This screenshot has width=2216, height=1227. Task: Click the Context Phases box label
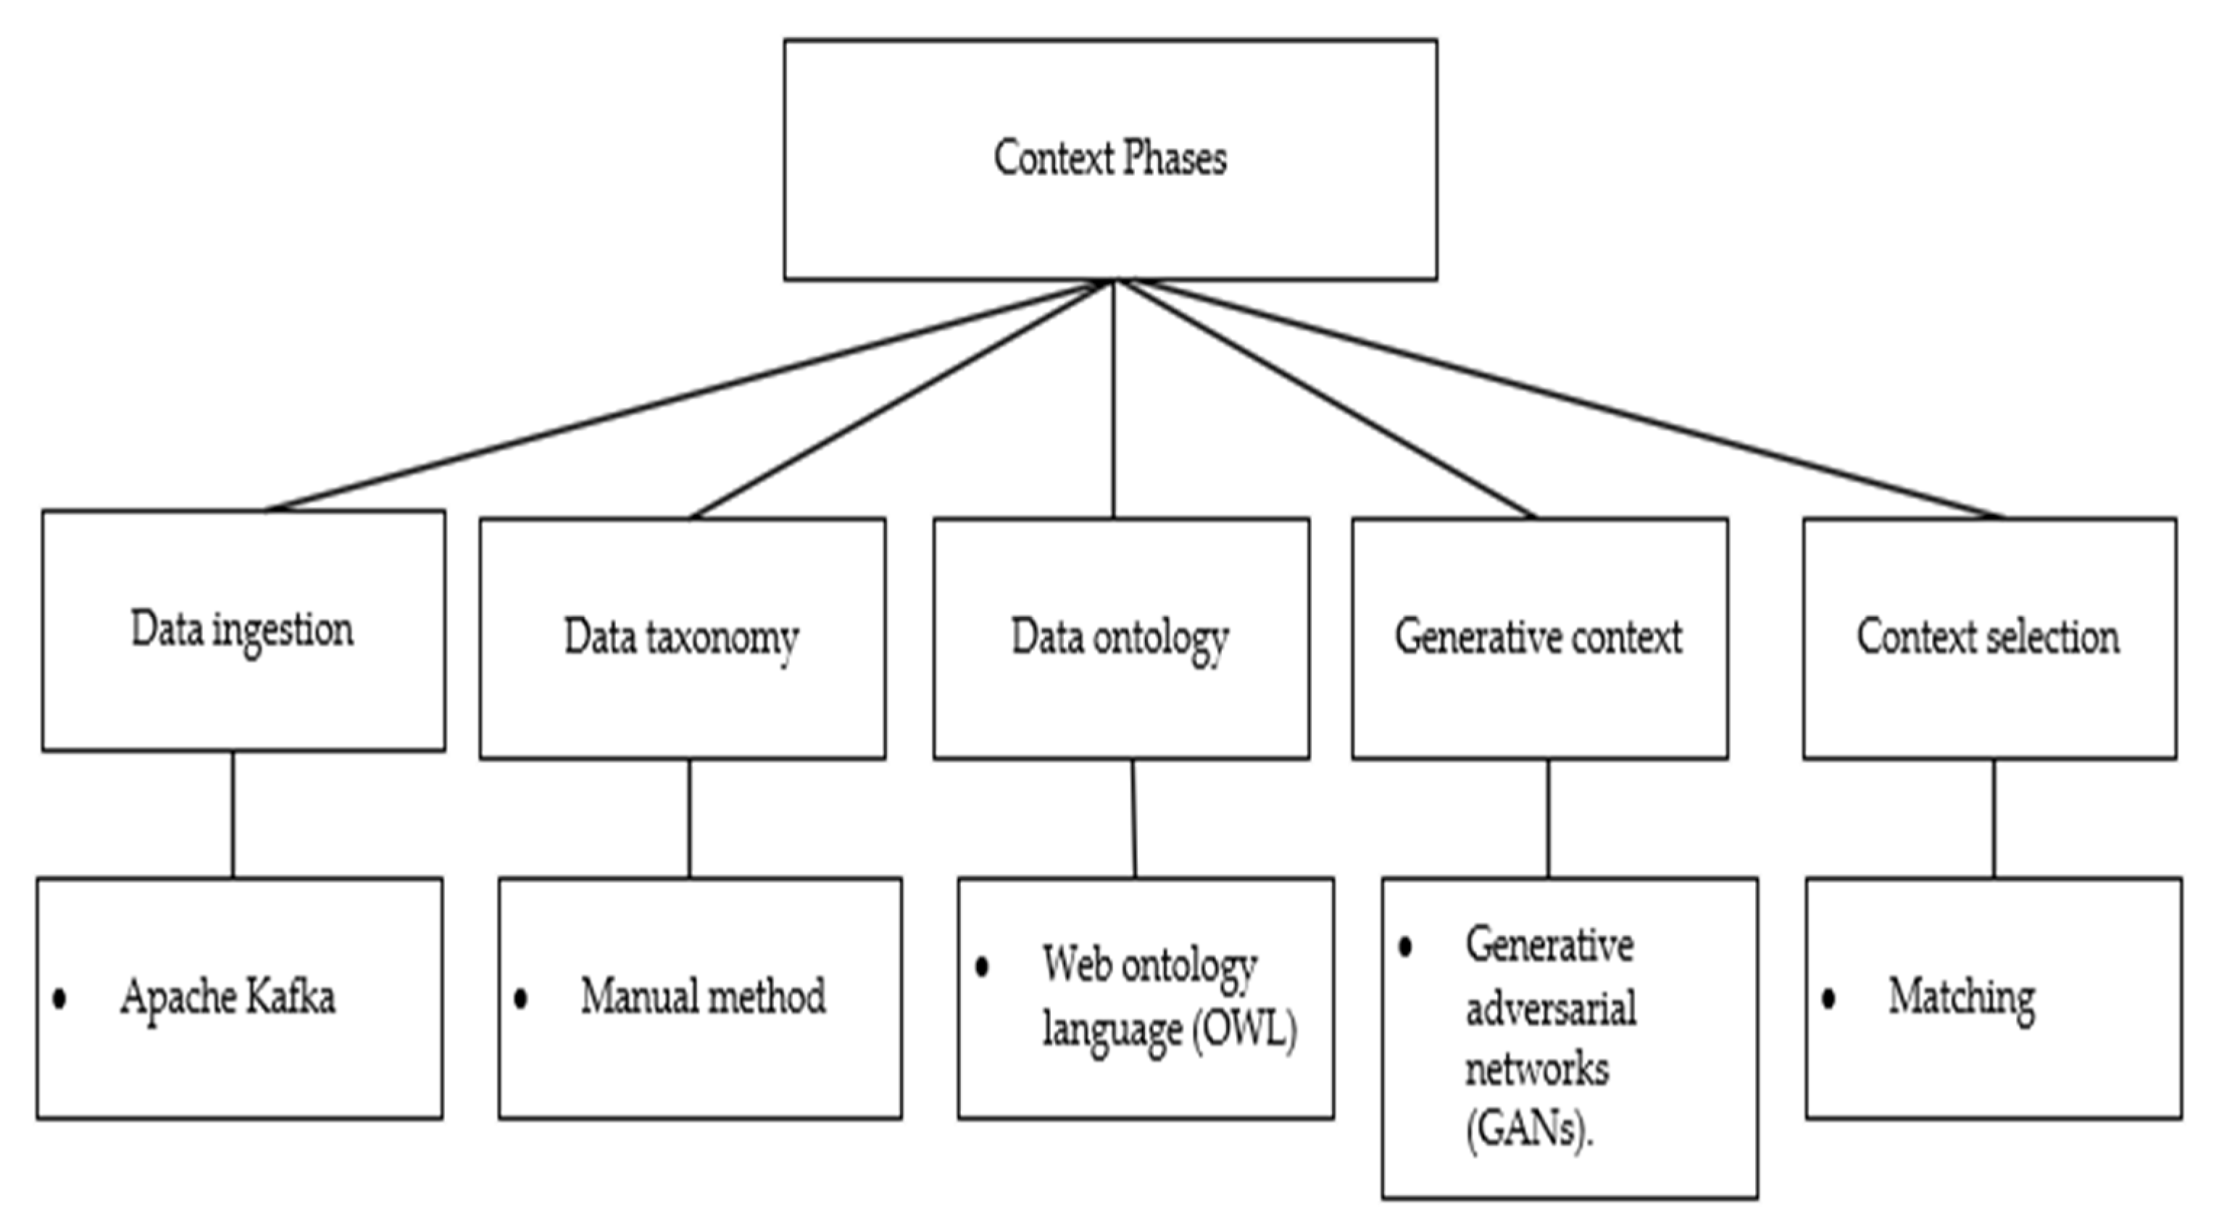(1109, 159)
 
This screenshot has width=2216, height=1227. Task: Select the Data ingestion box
(243, 630)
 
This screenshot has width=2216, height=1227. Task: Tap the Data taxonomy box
(681, 638)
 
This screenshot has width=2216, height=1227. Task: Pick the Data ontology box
(1120, 638)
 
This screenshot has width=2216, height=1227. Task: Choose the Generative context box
(1538, 638)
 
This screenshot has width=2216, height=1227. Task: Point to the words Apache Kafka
(228, 997)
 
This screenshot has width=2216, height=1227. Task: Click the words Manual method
(703, 997)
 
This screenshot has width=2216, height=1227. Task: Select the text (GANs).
(1528, 1129)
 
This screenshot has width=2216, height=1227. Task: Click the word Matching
(1962, 997)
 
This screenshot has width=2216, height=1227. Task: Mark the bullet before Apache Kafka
(59, 998)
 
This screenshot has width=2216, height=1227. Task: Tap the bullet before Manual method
(520, 998)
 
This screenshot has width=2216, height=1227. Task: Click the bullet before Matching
(1829, 998)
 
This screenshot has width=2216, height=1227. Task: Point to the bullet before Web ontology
(981, 966)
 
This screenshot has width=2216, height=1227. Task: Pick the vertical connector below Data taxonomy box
(689, 818)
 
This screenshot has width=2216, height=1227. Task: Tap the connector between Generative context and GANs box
(1549, 818)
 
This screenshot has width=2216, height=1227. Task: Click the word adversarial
(1551, 1008)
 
